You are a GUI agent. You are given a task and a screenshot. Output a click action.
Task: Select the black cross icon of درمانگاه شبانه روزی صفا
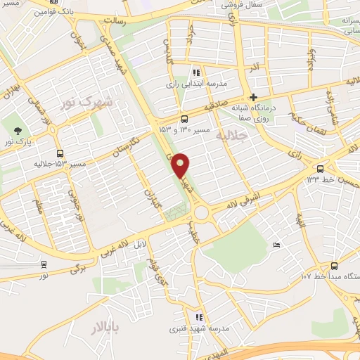(254, 98)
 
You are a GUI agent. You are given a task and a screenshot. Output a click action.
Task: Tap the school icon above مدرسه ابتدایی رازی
(196, 72)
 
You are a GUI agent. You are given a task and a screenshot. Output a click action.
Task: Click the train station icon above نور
(44, 264)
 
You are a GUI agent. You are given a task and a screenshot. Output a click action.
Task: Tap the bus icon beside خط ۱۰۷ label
(333, 266)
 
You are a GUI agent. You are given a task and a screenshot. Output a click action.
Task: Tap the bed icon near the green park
(276, 245)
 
